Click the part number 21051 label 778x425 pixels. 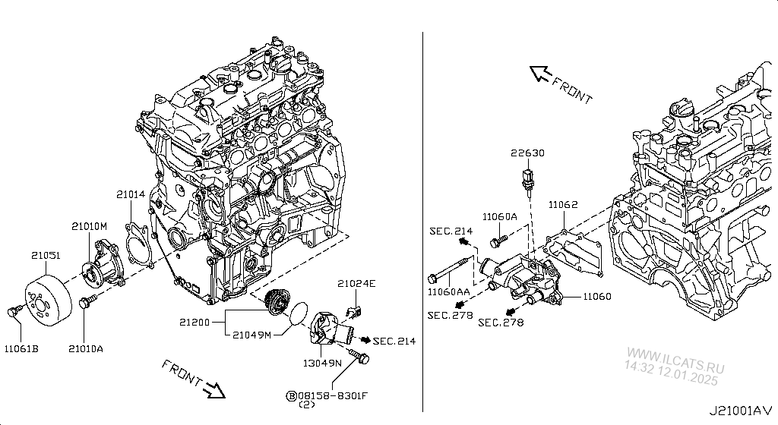point(45,256)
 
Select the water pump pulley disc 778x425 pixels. point(47,301)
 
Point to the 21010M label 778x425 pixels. point(90,226)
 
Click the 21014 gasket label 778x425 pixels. point(130,195)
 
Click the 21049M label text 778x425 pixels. point(252,335)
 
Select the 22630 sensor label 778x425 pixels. point(527,153)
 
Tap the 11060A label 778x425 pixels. point(500,216)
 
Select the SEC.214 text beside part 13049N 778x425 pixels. point(394,341)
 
